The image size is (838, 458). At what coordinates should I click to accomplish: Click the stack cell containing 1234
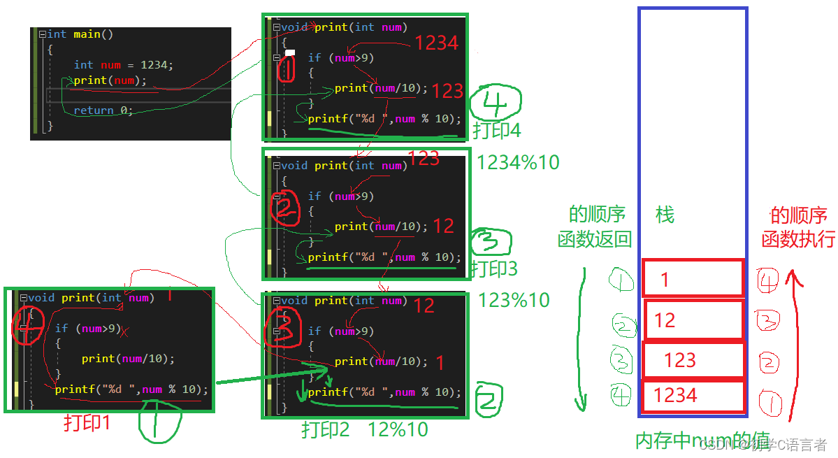click(693, 396)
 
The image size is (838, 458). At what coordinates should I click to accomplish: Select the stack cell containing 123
click(693, 360)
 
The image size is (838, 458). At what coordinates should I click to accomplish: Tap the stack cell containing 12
click(693, 320)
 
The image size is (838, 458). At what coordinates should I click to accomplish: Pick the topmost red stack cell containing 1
click(693, 280)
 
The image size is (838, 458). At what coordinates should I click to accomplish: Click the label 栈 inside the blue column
click(665, 215)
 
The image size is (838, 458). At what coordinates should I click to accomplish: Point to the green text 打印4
click(497, 130)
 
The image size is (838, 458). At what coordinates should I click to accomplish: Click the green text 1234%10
click(518, 162)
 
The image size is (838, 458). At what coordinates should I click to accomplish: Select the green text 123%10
click(514, 301)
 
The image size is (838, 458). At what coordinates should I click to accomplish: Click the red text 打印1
click(87, 424)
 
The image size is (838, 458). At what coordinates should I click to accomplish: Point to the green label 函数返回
click(594, 240)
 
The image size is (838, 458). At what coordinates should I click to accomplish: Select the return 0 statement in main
click(103, 110)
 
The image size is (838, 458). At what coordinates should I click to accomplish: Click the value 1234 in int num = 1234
click(154, 64)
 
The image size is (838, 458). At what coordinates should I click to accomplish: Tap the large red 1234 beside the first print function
click(436, 43)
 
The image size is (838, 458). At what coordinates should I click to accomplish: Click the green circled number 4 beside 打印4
click(495, 105)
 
